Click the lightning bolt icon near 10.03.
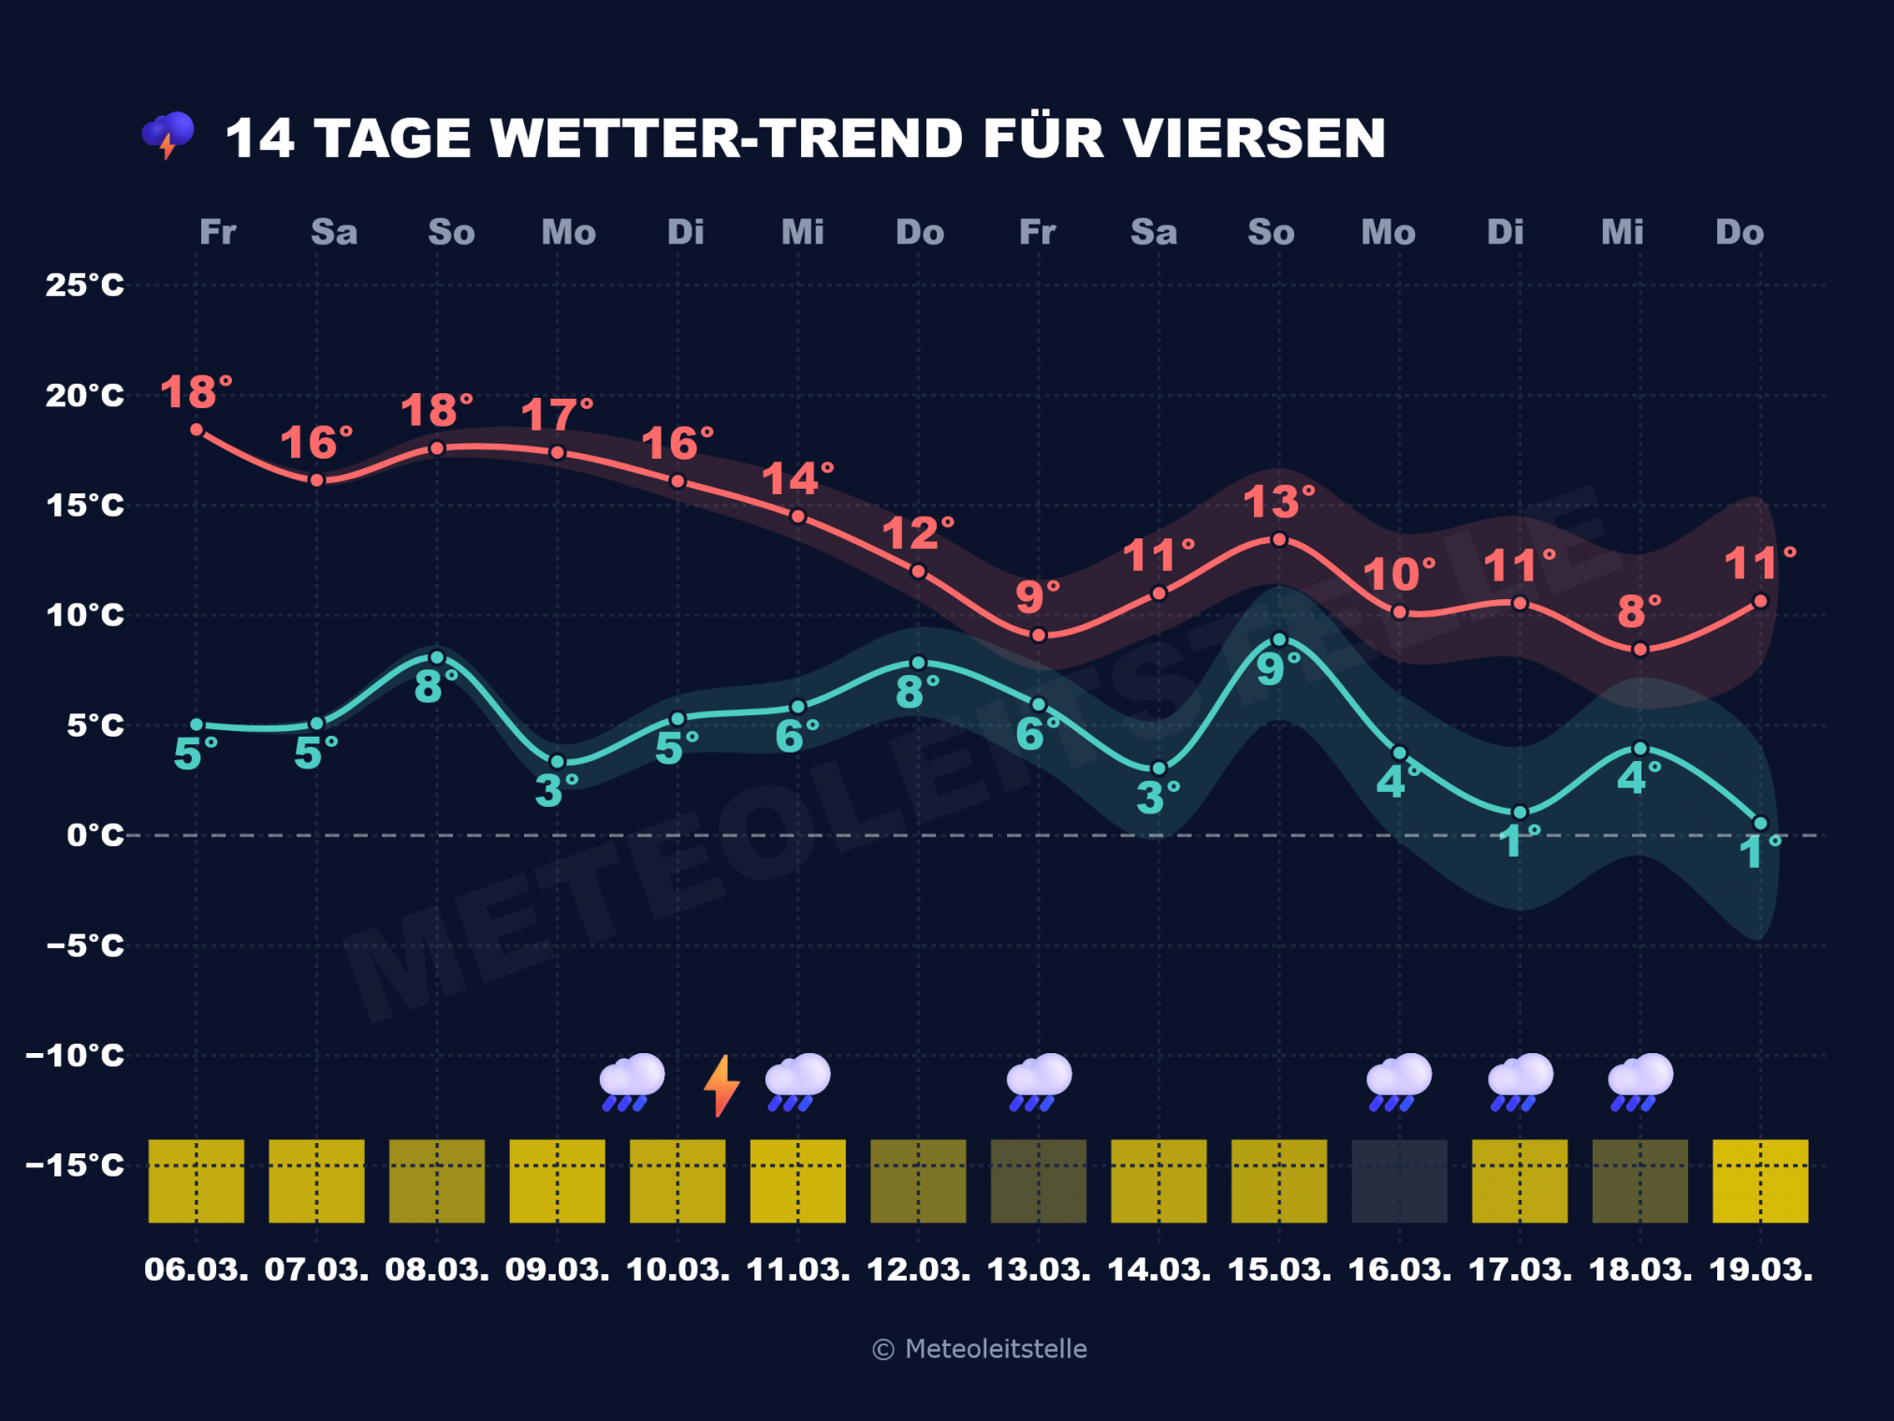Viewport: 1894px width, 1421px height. coord(721,1085)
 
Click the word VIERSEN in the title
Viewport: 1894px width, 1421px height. coord(1254,139)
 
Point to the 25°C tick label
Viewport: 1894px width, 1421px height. coord(84,285)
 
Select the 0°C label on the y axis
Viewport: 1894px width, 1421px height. coord(95,834)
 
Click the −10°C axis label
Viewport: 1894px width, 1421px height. coord(75,1055)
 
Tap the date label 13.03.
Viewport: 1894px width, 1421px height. coord(1039,1269)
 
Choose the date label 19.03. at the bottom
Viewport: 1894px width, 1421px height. coord(1760,1269)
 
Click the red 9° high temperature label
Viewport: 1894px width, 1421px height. coord(1037,597)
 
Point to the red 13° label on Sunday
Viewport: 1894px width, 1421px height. coord(1277,503)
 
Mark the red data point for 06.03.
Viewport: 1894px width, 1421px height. coord(197,430)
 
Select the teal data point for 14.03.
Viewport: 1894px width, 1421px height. coord(1158,769)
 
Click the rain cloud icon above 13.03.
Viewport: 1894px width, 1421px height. coord(1039,1081)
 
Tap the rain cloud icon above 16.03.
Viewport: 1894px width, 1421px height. coord(1399,1081)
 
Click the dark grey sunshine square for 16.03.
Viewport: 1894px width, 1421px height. coord(1399,1180)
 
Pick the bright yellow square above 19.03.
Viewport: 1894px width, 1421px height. coord(1760,1180)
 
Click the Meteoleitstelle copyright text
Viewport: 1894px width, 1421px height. coord(980,1349)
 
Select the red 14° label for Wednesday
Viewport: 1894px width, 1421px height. coord(796,479)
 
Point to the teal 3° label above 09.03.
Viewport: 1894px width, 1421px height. coord(556,791)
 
